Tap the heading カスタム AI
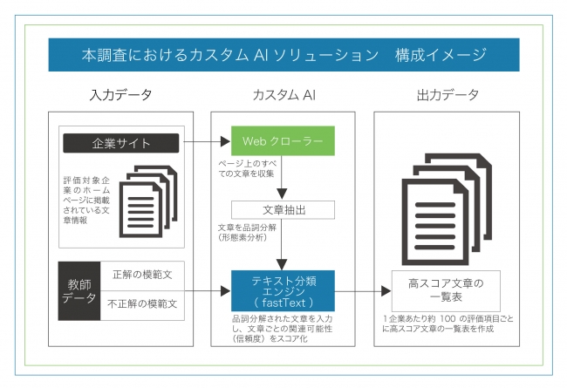tap(283, 94)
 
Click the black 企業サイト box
tap(121, 142)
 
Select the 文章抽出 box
tap(283, 210)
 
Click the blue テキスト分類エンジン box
tap(283, 291)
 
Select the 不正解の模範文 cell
tap(143, 305)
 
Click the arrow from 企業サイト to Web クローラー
tap(205, 142)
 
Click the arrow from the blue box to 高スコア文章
tap(363, 292)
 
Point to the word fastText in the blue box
tap(284, 302)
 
